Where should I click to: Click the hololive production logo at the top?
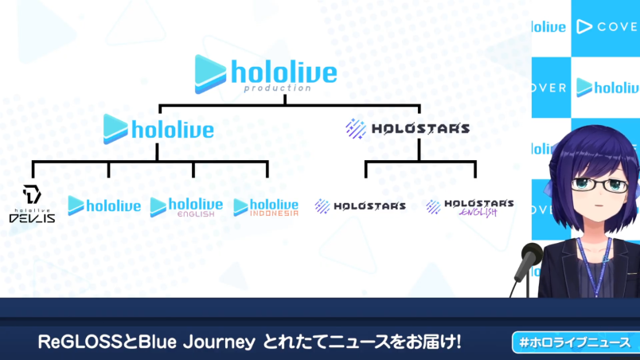click(x=266, y=73)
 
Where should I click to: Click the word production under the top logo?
click(x=278, y=88)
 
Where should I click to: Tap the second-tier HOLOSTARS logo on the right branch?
click(x=408, y=127)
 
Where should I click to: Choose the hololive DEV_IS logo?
click(x=32, y=205)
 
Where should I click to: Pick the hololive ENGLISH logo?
click(x=186, y=207)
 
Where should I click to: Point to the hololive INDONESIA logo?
click(x=266, y=207)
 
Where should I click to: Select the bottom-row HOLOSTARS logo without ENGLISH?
click(x=360, y=206)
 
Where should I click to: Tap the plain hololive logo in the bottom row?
click(x=104, y=206)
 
